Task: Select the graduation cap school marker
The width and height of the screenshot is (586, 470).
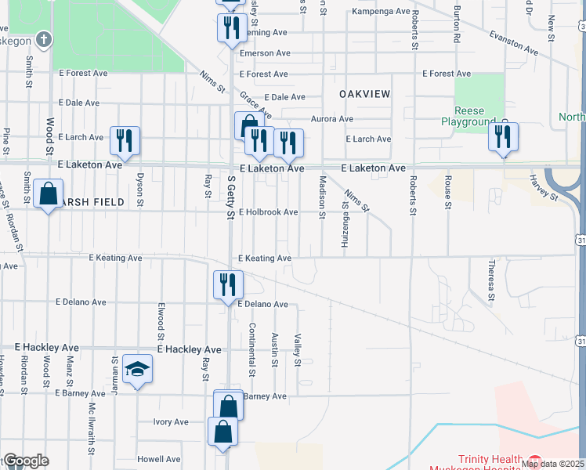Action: pos(137,372)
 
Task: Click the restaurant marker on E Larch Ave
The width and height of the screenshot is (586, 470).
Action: pos(125,140)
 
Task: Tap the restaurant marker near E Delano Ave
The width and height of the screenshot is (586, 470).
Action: pos(229,284)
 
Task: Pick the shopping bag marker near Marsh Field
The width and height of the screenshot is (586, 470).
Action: pos(48,193)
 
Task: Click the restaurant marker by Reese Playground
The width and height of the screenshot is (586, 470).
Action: pos(501,137)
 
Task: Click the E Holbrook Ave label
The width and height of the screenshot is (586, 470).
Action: pos(269,212)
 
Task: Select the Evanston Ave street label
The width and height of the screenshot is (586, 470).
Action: pos(514,42)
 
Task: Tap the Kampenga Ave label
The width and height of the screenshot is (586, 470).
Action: pos(382,13)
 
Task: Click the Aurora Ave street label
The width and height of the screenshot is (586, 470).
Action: pos(332,119)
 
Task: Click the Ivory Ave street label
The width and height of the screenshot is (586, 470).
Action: pos(171,421)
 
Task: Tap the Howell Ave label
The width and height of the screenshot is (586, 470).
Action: pos(159,459)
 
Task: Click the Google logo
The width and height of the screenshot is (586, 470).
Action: pos(26,461)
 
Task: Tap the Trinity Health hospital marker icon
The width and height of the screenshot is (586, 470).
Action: pos(535,461)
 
